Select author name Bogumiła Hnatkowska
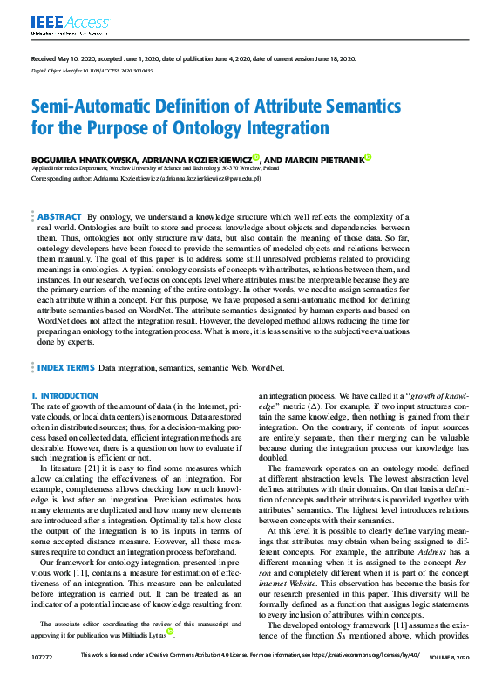[76, 160]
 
